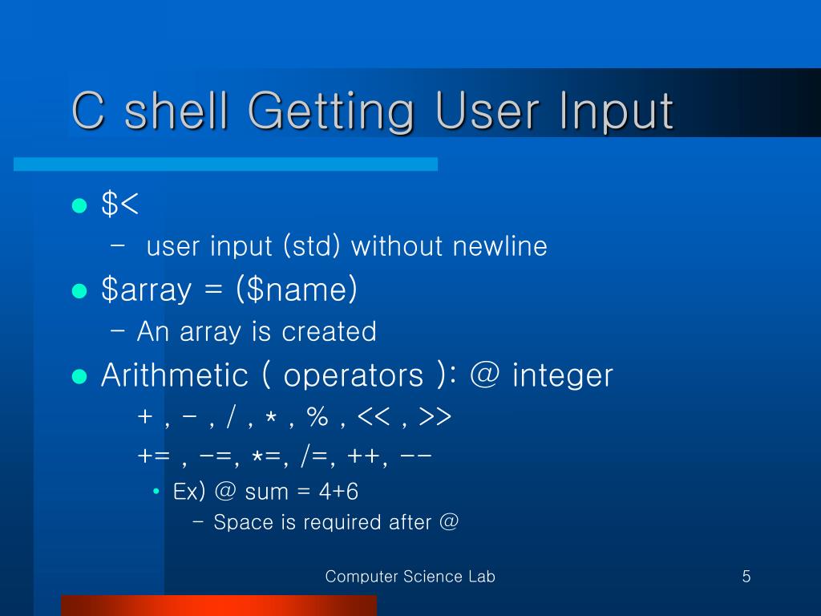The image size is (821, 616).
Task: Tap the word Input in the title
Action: [x=613, y=111]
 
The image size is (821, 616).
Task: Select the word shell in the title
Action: [x=176, y=111]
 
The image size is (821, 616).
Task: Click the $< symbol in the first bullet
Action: [x=120, y=205]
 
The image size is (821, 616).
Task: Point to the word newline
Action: [x=499, y=246]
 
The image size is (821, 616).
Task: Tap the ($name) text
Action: [x=297, y=290]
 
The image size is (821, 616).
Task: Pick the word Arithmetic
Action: [x=174, y=375]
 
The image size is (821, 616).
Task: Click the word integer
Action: [x=563, y=375]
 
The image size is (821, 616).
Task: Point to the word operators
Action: [x=353, y=375]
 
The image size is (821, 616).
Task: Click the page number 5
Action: [x=746, y=576]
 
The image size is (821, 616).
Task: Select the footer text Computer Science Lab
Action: [x=410, y=576]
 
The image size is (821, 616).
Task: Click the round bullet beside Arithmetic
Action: [x=79, y=375]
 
